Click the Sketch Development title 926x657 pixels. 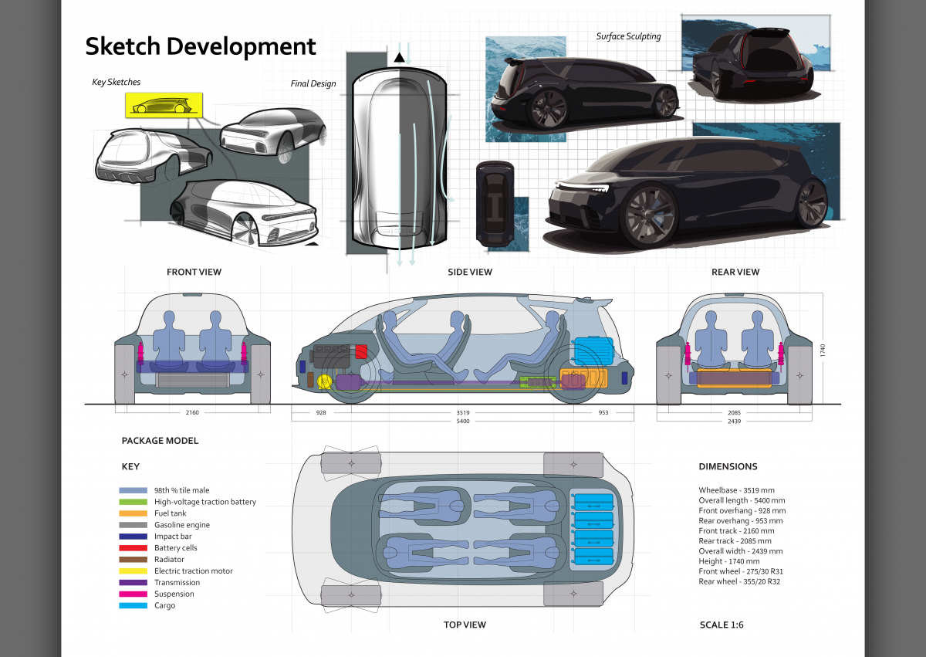point(201,46)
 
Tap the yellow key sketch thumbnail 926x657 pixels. point(164,104)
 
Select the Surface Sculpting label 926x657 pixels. point(628,36)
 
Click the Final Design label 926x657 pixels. point(313,83)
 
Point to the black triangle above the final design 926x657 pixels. point(399,58)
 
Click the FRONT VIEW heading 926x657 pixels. point(194,272)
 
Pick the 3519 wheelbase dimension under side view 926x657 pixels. point(462,413)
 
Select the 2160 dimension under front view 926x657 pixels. point(192,413)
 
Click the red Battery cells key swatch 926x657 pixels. point(133,548)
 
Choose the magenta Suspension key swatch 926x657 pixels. point(133,594)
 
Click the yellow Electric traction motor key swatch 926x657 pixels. point(133,571)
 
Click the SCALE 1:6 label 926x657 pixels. point(722,625)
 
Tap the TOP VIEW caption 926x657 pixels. point(465,625)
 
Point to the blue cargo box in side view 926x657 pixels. point(593,351)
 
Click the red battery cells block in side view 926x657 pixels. point(361,352)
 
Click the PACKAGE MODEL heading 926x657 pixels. point(160,441)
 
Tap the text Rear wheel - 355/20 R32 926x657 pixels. point(739,581)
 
